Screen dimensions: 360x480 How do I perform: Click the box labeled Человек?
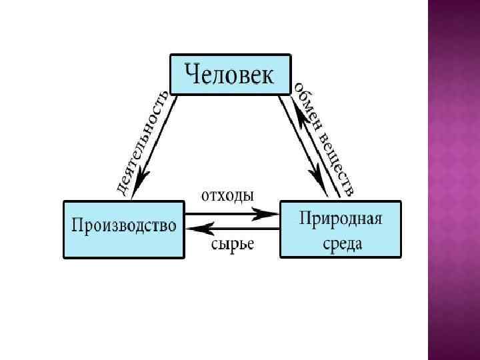[230, 74]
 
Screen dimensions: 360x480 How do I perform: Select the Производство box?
[123, 229]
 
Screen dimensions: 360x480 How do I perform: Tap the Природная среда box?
[341, 229]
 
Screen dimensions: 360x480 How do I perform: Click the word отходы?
[227, 196]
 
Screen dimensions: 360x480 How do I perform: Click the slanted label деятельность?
[142, 142]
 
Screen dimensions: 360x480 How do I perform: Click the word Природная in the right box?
[340, 218]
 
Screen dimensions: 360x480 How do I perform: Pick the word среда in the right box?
[340, 243]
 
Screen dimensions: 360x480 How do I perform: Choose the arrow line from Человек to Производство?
[157, 143]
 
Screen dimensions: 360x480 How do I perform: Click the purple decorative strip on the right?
[454, 180]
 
